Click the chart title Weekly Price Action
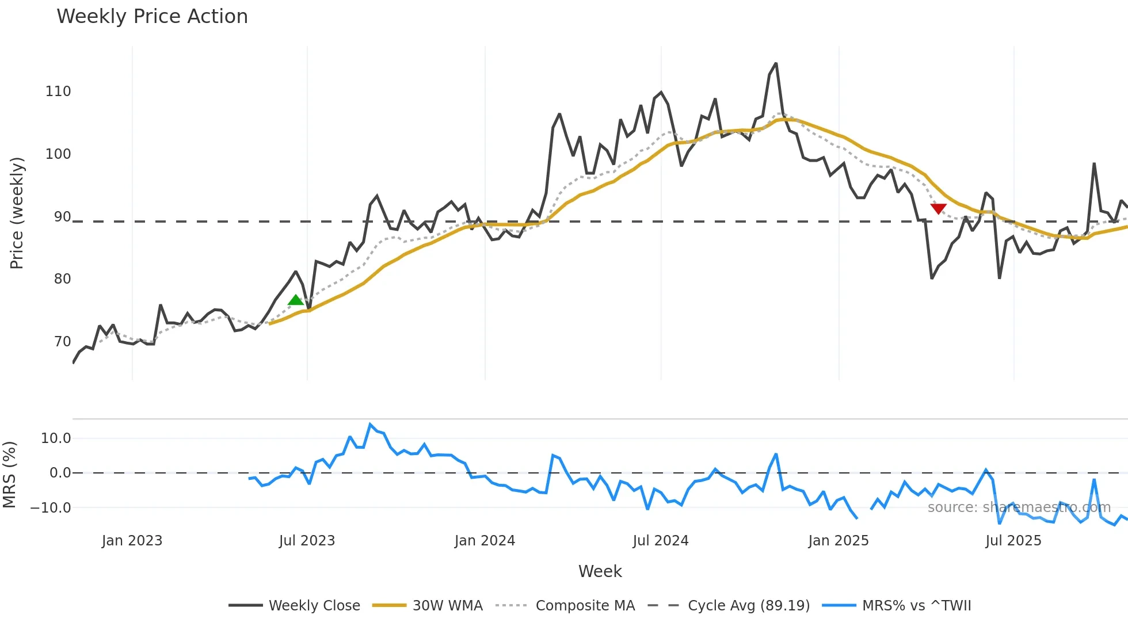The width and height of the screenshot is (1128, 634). click(x=152, y=17)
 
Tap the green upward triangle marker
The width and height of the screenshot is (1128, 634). click(x=296, y=300)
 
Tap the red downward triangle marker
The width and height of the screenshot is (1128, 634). click(x=938, y=208)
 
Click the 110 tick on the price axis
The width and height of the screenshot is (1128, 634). click(x=58, y=91)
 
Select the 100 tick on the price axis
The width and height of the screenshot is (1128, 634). click(x=58, y=154)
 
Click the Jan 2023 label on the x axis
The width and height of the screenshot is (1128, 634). click(x=132, y=541)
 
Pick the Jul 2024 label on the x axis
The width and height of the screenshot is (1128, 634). click(x=660, y=541)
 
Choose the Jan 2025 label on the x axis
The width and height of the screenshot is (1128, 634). click(x=838, y=541)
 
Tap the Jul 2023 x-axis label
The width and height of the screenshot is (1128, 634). click(x=307, y=541)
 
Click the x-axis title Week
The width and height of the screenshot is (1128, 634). click(x=600, y=571)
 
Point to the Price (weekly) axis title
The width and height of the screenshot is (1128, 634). click(x=17, y=213)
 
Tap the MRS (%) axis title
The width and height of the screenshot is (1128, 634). click(x=10, y=475)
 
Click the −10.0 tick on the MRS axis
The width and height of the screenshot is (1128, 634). click(x=51, y=508)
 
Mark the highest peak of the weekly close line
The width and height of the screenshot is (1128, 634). click(x=776, y=63)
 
